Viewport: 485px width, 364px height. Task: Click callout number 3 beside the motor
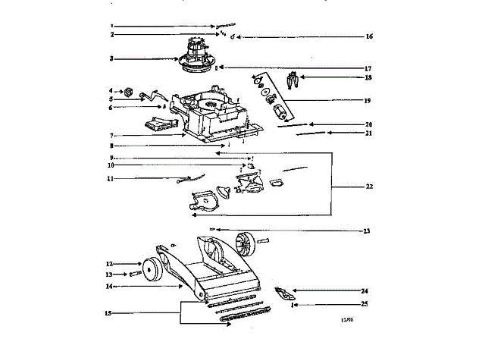111,58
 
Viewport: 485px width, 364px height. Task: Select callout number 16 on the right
369,36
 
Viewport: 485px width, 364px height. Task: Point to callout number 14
110,287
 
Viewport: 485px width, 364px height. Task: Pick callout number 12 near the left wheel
110,264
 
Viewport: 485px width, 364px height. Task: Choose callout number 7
111,136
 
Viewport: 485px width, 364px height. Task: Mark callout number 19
369,100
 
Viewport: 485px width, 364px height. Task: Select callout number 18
369,77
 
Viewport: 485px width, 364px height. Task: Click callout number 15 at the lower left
110,312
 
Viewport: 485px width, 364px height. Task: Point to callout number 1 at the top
111,26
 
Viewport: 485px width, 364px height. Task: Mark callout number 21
369,133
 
